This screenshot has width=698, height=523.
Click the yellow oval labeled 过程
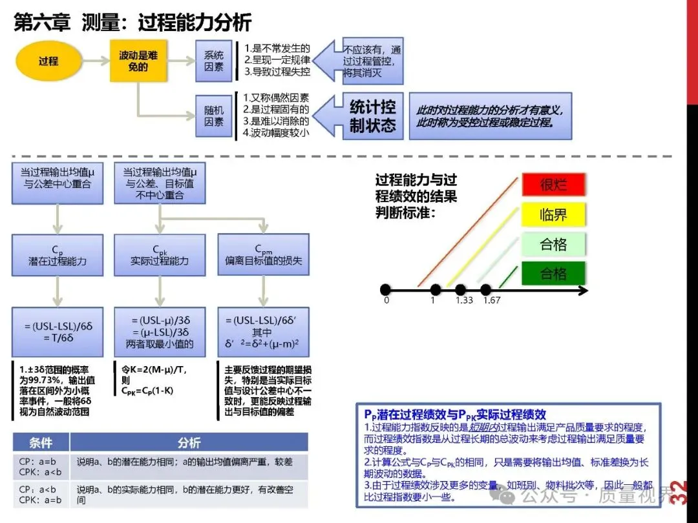pyautogui.click(x=48, y=61)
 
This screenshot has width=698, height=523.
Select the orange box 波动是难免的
pyautogui.click(x=138, y=61)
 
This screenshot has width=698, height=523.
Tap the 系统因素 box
pyautogui.click(x=214, y=61)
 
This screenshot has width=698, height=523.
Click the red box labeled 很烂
pyautogui.click(x=553, y=185)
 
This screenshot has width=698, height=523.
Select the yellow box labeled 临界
pyautogui.click(x=553, y=214)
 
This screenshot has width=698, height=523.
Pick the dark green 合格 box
pyautogui.click(x=553, y=274)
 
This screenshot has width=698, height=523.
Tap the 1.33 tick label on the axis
pyautogui.click(x=464, y=300)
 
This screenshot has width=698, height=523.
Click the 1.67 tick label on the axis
pyautogui.click(x=491, y=300)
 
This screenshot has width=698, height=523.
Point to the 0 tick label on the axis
pyautogui.click(x=386, y=300)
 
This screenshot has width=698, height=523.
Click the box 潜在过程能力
pyautogui.click(x=58, y=256)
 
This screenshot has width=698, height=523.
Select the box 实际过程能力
pyautogui.click(x=160, y=256)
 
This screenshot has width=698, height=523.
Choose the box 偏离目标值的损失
pyautogui.click(x=263, y=256)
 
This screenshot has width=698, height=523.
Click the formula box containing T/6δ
pyautogui.click(x=58, y=332)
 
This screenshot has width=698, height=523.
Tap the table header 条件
pyautogui.click(x=41, y=443)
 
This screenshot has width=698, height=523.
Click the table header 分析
pyautogui.click(x=189, y=443)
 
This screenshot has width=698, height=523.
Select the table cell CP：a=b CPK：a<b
pyautogui.click(x=41, y=467)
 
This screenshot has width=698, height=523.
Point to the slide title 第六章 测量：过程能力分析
pyautogui.click(x=132, y=23)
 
